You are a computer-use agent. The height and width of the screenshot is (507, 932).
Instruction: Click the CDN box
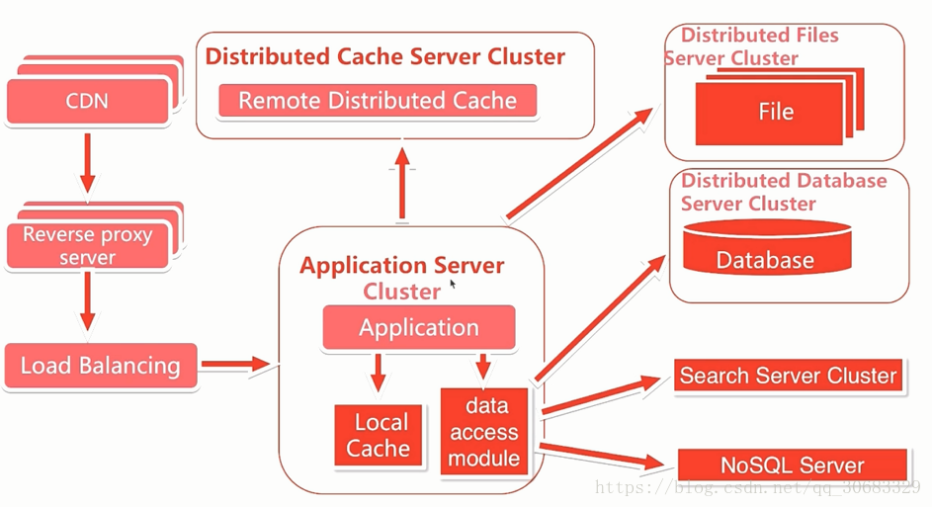tap(88, 101)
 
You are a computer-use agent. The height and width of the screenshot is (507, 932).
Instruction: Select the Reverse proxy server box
tap(88, 245)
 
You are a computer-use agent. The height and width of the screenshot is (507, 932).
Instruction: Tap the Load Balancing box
tap(101, 366)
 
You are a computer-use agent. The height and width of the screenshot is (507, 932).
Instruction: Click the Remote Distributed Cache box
tap(378, 101)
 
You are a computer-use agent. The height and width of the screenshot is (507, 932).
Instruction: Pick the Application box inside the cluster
tap(419, 327)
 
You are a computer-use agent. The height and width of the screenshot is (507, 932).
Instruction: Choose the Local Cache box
tap(379, 435)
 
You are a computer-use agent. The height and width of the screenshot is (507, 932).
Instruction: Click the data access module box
tap(484, 432)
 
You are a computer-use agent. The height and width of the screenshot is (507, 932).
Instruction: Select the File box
tap(769, 113)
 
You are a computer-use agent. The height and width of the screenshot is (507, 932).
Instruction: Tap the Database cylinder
tap(767, 248)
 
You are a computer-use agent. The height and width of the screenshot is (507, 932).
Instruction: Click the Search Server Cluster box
tap(788, 376)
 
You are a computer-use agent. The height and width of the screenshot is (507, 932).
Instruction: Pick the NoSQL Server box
tap(793, 465)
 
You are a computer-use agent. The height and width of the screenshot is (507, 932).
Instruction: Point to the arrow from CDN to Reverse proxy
tap(87, 163)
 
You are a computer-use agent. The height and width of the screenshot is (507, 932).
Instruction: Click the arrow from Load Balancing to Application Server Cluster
tap(236, 364)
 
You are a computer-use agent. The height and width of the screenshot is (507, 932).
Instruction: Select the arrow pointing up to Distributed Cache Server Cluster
tap(402, 184)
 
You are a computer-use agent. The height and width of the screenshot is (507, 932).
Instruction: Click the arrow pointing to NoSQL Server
tap(602, 455)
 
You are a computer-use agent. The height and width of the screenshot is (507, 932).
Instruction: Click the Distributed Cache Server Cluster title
tap(385, 56)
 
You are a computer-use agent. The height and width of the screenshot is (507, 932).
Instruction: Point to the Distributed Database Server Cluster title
tap(784, 192)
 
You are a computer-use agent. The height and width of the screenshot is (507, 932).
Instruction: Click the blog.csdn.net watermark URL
tap(757, 488)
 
